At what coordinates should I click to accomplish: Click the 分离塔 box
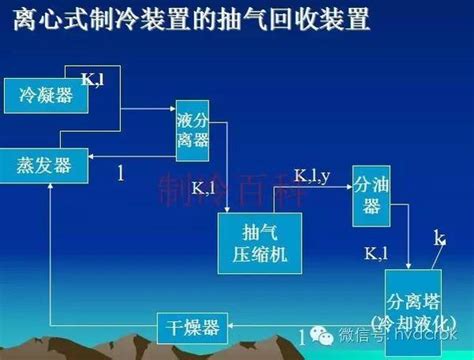click(x=412, y=306)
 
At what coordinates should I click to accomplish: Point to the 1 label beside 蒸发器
click(x=120, y=174)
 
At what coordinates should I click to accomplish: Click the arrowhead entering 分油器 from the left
click(x=347, y=185)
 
